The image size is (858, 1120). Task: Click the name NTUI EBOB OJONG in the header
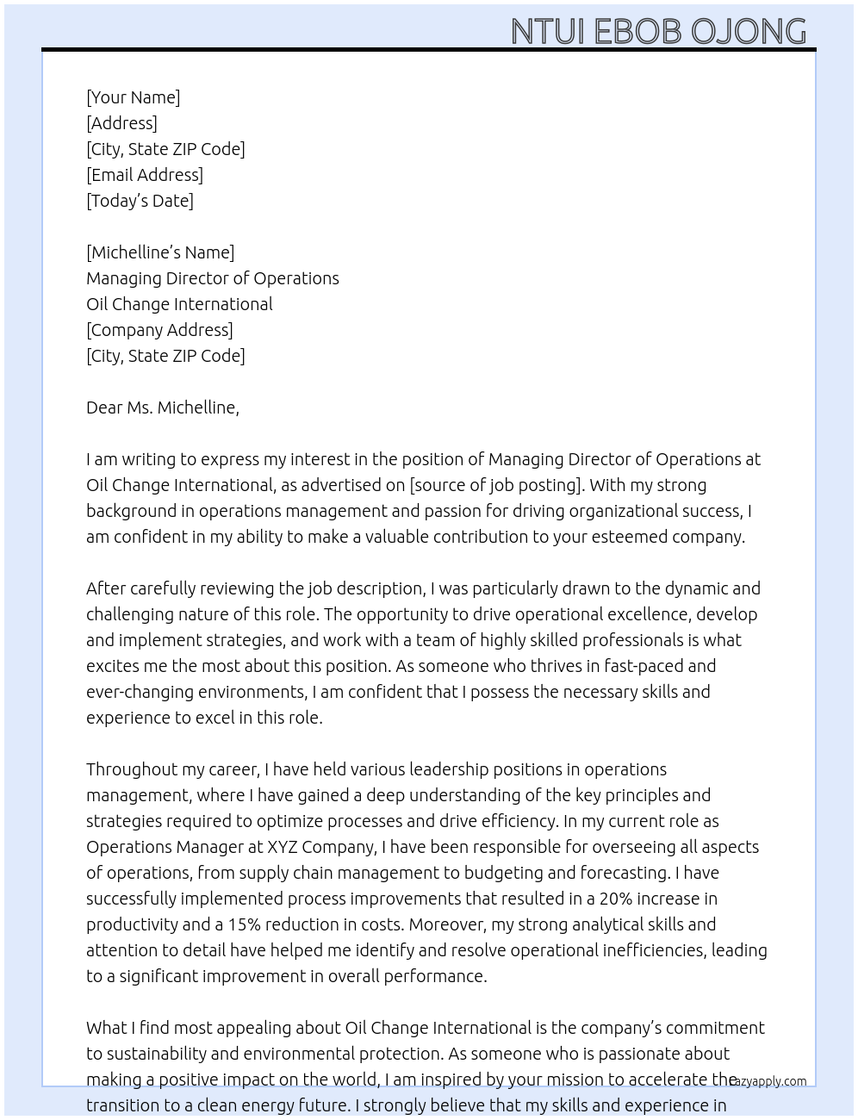pyautogui.click(x=658, y=31)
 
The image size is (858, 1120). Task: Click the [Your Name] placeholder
pyautogui.click(x=133, y=97)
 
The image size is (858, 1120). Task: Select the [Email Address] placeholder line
pyautogui.click(x=145, y=175)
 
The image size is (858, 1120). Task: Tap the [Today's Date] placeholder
pyautogui.click(x=140, y=201)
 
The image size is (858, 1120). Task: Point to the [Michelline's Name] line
pyautogui.click(x=160, y=252)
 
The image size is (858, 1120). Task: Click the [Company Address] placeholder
pyautogui.click(x=159, y=330)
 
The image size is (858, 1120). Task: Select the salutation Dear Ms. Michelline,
pyautogui.click(x=163, y=408)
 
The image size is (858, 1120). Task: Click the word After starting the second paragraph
pyautogui.click(x=108, y=588)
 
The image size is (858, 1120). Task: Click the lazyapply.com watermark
pyautogui.click(x=768, y=1081)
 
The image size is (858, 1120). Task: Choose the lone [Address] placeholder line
pyautogui.click(x=121, y=123)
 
